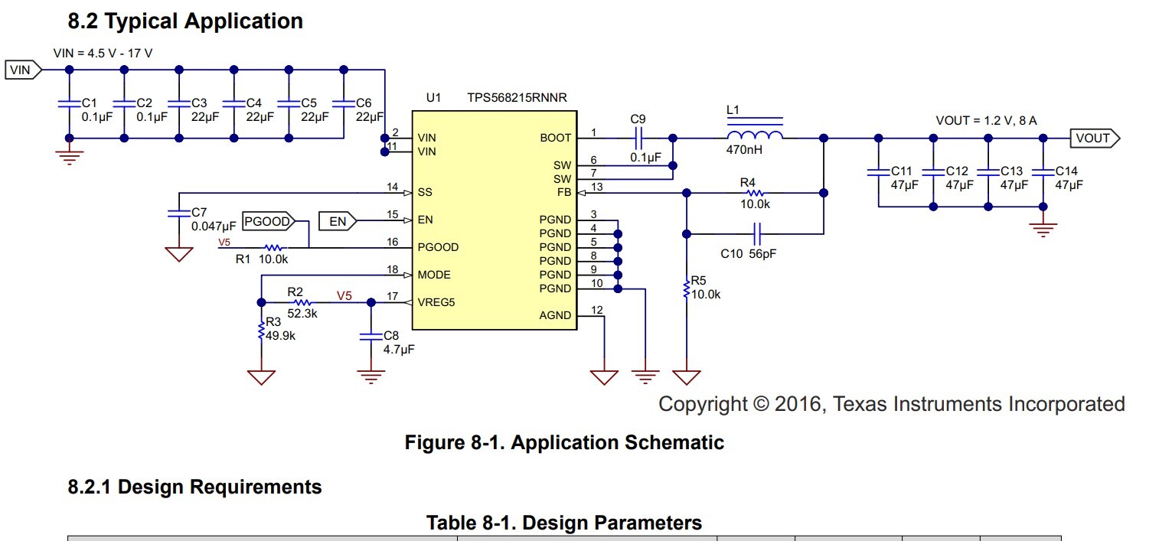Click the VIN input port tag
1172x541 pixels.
pos(22,70)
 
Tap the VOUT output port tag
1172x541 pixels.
pos(1093,139)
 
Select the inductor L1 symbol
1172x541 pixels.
pos(754,135)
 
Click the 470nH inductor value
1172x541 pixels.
pos(744,151)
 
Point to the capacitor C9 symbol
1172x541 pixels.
pos(638,139)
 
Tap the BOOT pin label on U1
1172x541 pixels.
pos(555,139)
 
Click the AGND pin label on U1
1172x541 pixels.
pos(555,315)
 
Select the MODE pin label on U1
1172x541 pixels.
pos(434,275)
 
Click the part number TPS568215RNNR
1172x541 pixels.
pos(517,98)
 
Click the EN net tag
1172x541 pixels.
pos(338,222)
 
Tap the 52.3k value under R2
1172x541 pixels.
pos(302,313)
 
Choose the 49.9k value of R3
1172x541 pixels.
pos(281,334)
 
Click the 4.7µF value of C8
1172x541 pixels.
pos(399,349)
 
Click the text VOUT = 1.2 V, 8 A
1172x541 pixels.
pos(986,121)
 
